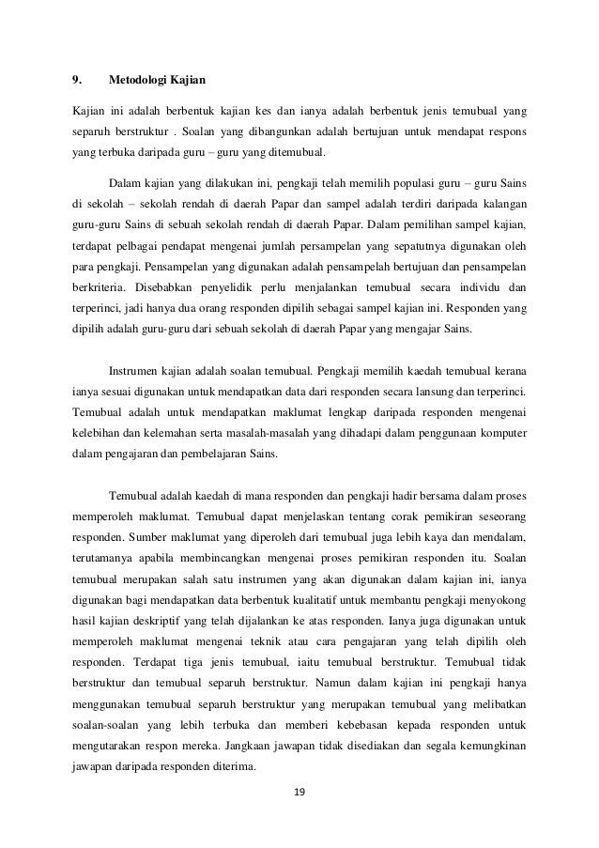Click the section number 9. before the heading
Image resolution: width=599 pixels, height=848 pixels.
point(79,77)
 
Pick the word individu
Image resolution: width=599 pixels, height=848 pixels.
point(477,286)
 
